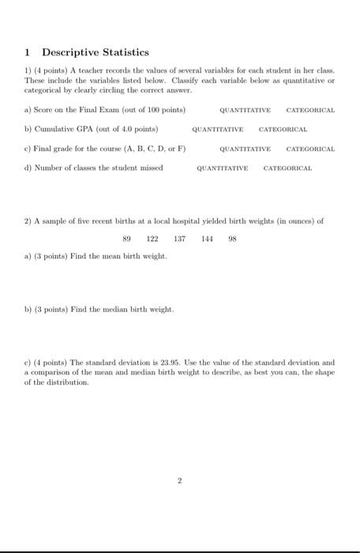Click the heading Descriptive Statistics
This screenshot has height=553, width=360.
pyautogui.click(x=95, y=52)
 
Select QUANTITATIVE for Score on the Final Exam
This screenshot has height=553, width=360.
pyautogui.click(x=246, y=110)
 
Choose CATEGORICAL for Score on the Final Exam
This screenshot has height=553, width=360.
pyautogui.click(x=310, y=110)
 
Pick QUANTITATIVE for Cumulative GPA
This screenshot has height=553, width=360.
pyautogui.click(x=217, y=129)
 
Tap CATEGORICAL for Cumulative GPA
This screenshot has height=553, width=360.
pyautogui.click(x=283, y=129)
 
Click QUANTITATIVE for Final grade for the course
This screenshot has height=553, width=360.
pyautogui.click(x=246, y=149)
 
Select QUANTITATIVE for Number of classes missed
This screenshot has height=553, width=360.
pyautogui.click(x=222, y=167)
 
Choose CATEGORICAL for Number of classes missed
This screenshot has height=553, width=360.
pyautogui.click(x=287, y=167)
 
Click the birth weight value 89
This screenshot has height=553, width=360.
pyautogui.click(x=127, y=238)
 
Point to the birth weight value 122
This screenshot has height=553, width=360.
pyautogui.click(x=152, y=238)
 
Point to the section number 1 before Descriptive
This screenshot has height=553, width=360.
pyautogui.click(x=27, y=52)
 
